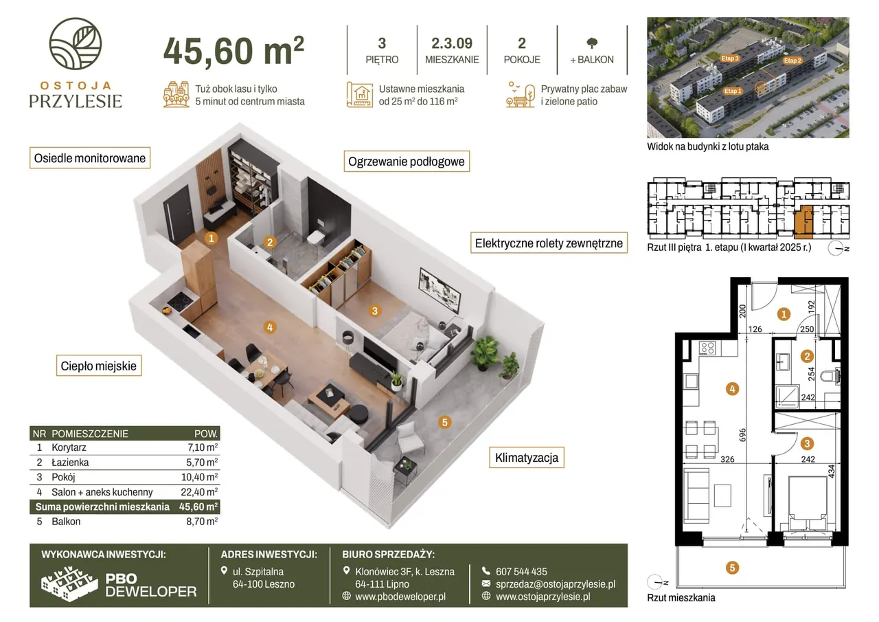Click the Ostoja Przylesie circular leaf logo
[x=76, y=43]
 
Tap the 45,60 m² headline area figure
[x=234, y=51]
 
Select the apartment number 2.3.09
[x=452, y=43]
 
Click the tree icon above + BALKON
[x=592, y=43]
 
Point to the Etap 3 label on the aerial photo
[x=730, y=58]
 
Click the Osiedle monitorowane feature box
[x=90, y=158]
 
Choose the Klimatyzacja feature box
[x=527, y=458]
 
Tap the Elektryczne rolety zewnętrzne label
[x=549, y=243]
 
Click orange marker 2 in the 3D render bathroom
[x=270, y=243]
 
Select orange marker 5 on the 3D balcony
[x=444, y=422]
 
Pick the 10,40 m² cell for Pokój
[x=199, y=477]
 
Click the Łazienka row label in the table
[x=70, y=462]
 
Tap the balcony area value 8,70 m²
[x=202, y=522]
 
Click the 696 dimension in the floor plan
[x=742, y=435]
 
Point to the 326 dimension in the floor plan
[x=727, y=459]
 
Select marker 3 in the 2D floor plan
[x=807, y=444]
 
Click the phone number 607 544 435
[x=521, y=572]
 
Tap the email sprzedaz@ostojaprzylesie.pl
[x=556, y=584]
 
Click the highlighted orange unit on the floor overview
[x=803, y=222]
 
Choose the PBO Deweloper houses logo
[x=69, y=584]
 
